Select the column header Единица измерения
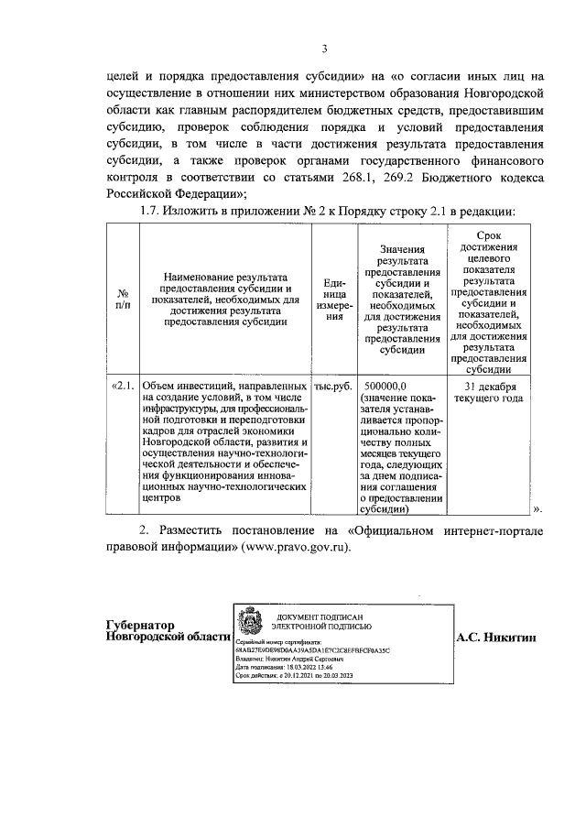click(x=335, y=299)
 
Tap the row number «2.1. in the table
click(x=123, y=387)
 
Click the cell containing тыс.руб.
click(x=334, y=387)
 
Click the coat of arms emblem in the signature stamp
click(x=248, y=627)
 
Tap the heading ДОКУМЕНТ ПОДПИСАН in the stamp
click(x=320, y=620)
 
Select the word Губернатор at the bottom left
click(x=140, y=625)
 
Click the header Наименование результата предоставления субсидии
click(x=225, y=298)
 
